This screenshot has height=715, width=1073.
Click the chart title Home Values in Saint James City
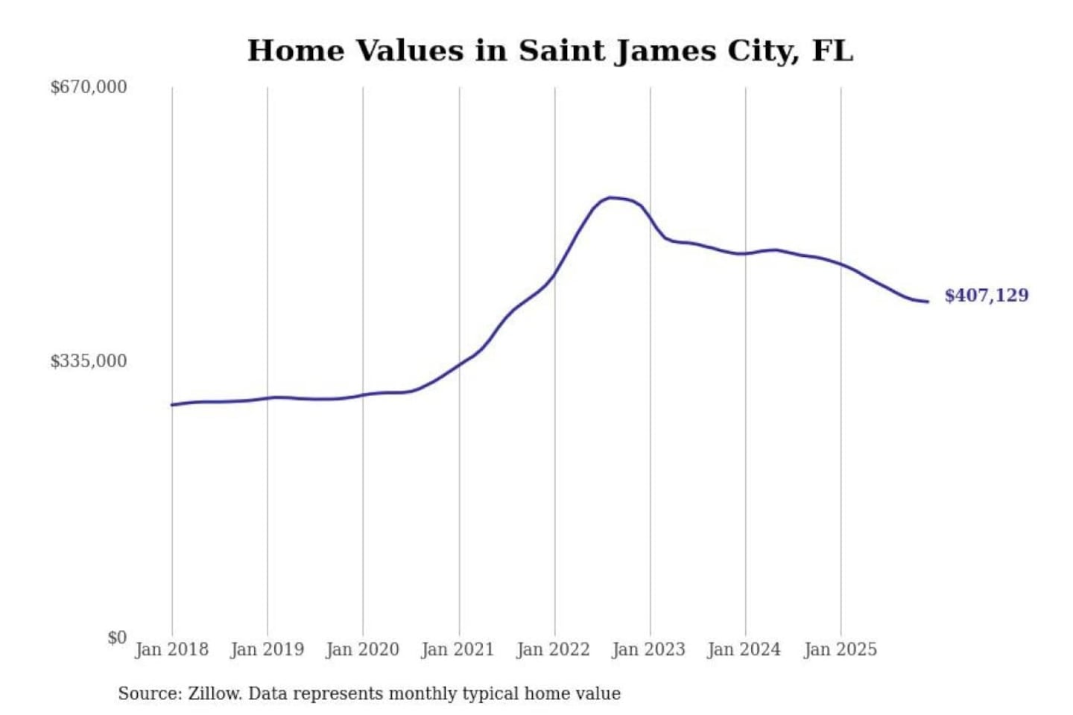click(x=549, y=51)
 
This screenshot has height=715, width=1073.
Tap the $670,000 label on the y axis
click(x=89, y=87)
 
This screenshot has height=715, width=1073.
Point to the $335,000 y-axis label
click(x=89, y=361)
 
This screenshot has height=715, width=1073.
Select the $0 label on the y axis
click(x=116, y=638)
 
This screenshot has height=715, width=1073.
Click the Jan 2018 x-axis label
click(x=171, y=649)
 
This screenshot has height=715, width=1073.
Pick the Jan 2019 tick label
click(x=267, y=649)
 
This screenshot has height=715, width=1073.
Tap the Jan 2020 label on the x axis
click(x=362, y=649)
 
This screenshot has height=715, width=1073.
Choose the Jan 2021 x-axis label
click(x=458, y=649)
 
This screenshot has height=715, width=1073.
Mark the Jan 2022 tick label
click(x=553, y=649)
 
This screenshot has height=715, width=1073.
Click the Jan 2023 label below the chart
click(x=648, y=649)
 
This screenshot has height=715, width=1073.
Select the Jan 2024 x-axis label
click(x=744, y=649)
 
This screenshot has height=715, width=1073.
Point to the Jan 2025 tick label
click(x=840, y=649)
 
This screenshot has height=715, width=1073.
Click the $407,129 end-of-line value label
click(x=986, y=296)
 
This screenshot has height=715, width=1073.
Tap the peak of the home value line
click(x=610, y=197)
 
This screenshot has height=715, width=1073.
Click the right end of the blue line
click(x=928, y=302)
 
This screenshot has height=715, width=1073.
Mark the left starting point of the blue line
click(x=172, y=404)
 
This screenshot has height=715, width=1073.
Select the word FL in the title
click(x=832, y=51)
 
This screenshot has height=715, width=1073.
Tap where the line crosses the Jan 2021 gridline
click(x=459, y=363)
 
